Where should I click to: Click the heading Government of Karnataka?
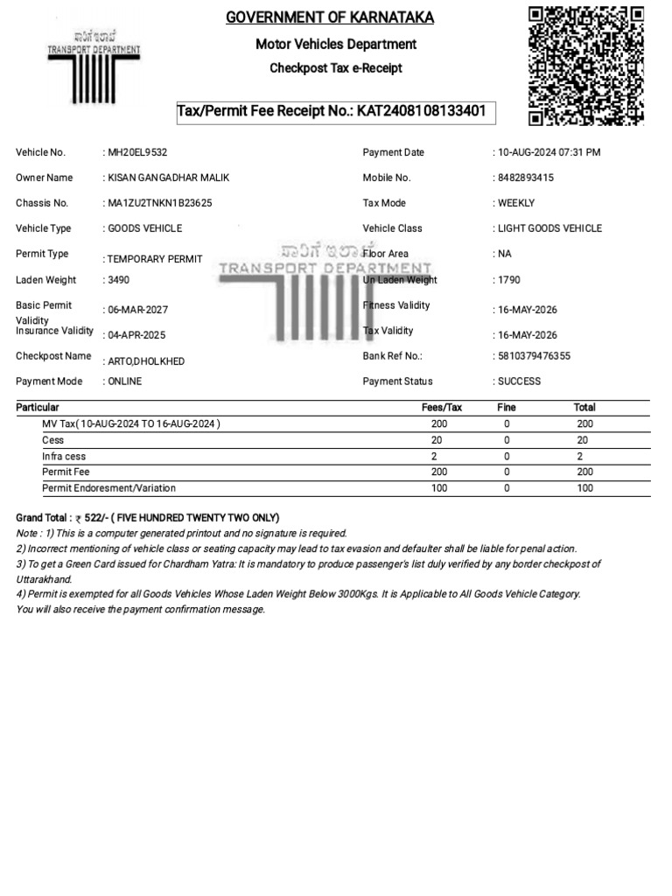pyautogui.click(x=330, y=17)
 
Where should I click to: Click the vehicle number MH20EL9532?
pyautogui.click(x=137, y=153)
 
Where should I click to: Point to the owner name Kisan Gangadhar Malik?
pyautogui.click(x=169, y=178)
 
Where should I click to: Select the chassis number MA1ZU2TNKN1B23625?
pyautogui.click(x=161, y=203)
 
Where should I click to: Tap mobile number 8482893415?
pyautogui.click(x=526, y=178)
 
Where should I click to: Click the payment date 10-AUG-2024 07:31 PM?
pyautogui.click(x=549, y=153)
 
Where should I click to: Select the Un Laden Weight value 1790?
pyautogui.click(x=510, y=281)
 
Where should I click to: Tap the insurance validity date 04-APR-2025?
pyautogui.click(x=136, y=335)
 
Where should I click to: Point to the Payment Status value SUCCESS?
pyautogui.click(x=520, y=381)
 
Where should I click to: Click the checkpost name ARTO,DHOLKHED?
pyautogui.click(x=146, y=361)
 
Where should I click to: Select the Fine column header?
pyautogui.click(x=507, y=408)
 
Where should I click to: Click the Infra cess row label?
pyautogui.click(x=64, y=457)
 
